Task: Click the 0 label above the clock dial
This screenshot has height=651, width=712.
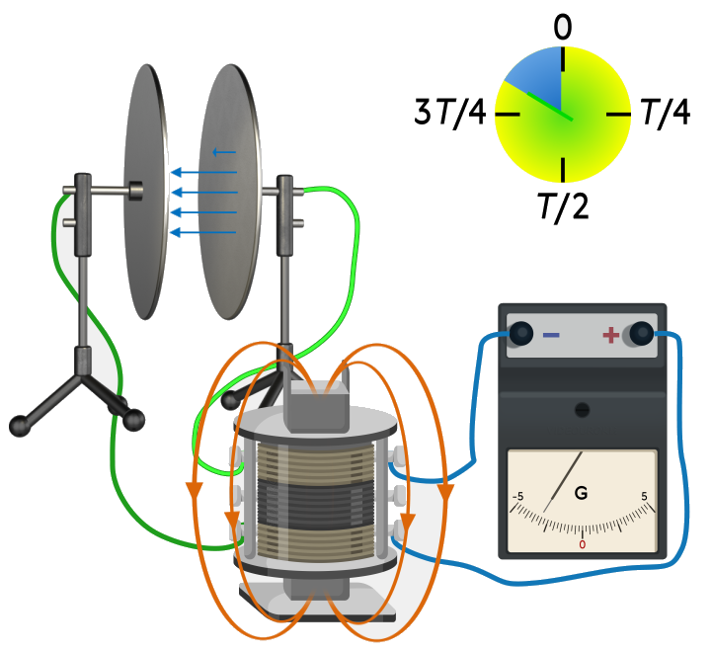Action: (x=563, y=28)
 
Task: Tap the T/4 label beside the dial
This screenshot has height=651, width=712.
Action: (x=666, y=112)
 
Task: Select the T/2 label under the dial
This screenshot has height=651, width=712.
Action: (x=564, y=206)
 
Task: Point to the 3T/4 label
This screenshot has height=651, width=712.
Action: (x=450, y=112)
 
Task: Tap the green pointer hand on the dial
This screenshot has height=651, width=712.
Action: (x=549, y=106)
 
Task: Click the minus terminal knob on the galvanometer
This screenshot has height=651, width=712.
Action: (x=520, y=334)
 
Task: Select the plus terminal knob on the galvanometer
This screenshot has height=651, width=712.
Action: (x=641, y=334)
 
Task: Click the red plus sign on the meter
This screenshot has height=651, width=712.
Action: (x=610, y=335)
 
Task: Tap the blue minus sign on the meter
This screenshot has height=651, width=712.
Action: (x=551, y=335)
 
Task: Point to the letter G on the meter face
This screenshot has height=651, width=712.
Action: (x=581, y=493)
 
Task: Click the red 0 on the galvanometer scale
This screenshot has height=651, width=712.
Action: (x=582, y=544)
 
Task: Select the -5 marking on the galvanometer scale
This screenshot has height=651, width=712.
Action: (x=517, y=496)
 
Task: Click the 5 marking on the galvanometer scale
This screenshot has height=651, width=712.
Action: (x=644, y=496)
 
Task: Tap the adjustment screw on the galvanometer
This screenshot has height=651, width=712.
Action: (x=582, y=410)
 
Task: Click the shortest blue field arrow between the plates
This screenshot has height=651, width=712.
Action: (x=224, y=152)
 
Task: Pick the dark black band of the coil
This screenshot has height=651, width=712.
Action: (x=316, y=504)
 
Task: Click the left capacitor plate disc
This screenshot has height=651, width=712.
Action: (x=146, y=192)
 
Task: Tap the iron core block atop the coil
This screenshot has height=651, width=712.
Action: (x=316, y=407)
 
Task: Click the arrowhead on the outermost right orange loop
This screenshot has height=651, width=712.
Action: (x=445, y=492)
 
